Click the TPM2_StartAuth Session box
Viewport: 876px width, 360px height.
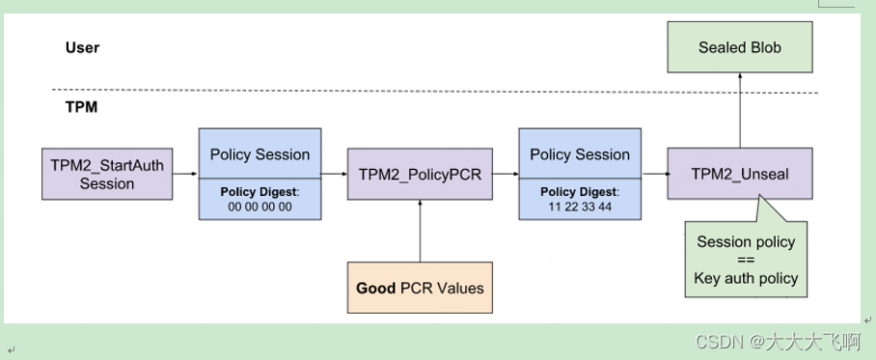click(107, 174)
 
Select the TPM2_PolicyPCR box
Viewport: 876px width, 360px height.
click(420, 174)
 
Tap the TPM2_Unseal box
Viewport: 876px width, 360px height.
click(740, 174)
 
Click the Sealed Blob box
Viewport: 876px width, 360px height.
click(740, 47)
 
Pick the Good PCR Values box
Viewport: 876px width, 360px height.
click(420, 288)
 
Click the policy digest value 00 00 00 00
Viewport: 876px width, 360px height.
click(260, 207)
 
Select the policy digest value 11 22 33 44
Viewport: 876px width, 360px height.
click(579, 207)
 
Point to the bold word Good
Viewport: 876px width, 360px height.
click(376, 288)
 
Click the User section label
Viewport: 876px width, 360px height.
click(82, 47)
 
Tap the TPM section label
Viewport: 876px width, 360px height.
click(81, 107)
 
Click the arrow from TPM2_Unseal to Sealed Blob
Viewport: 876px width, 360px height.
click(740, 111)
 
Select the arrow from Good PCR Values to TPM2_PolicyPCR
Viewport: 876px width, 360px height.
click(420, 231)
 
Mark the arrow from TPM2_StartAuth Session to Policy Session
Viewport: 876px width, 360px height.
click(185, 175)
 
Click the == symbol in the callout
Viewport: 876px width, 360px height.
click(746, 261)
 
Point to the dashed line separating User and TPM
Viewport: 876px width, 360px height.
click(434, 93)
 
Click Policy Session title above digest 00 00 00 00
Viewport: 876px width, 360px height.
click(260, 154)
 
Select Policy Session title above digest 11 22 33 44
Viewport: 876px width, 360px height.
click(579, 154)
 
